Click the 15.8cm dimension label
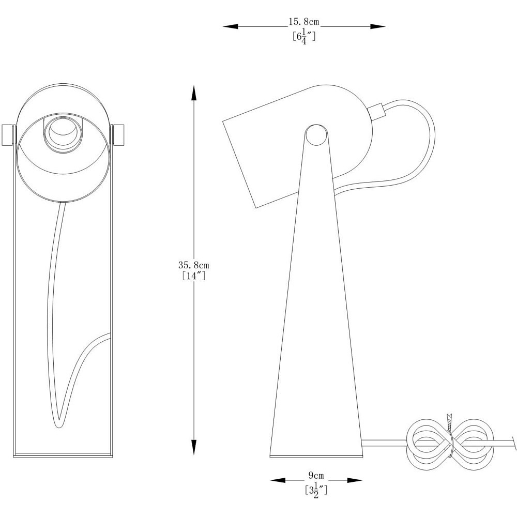[x=303, y=22]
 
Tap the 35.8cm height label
[x=193, y=265]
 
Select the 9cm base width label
[x=316, y=476]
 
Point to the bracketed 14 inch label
[x=194, y=276]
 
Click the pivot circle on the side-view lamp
[x=316, y=135]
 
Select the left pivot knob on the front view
[x=9, y=134]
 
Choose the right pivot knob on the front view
[x=118, y=134]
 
